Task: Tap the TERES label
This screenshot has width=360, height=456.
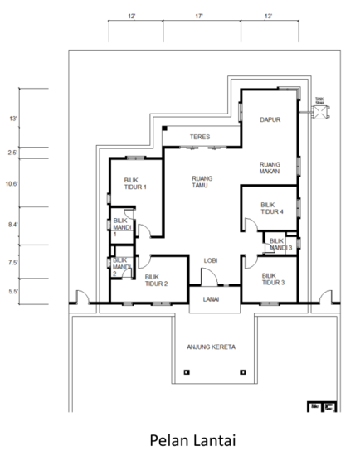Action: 199,136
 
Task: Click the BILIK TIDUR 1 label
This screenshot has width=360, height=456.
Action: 135,183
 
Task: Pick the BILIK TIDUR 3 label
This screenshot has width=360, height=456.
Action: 272,279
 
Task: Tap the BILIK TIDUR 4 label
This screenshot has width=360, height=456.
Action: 271,208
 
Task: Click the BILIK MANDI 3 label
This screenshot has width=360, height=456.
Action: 278,245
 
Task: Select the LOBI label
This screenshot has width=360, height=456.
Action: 211,260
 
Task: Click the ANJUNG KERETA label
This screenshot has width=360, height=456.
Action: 211,347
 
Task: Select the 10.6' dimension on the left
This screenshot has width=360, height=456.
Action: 13,183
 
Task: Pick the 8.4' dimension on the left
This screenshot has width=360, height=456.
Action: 13,224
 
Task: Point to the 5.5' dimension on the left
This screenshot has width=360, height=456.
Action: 13,291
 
